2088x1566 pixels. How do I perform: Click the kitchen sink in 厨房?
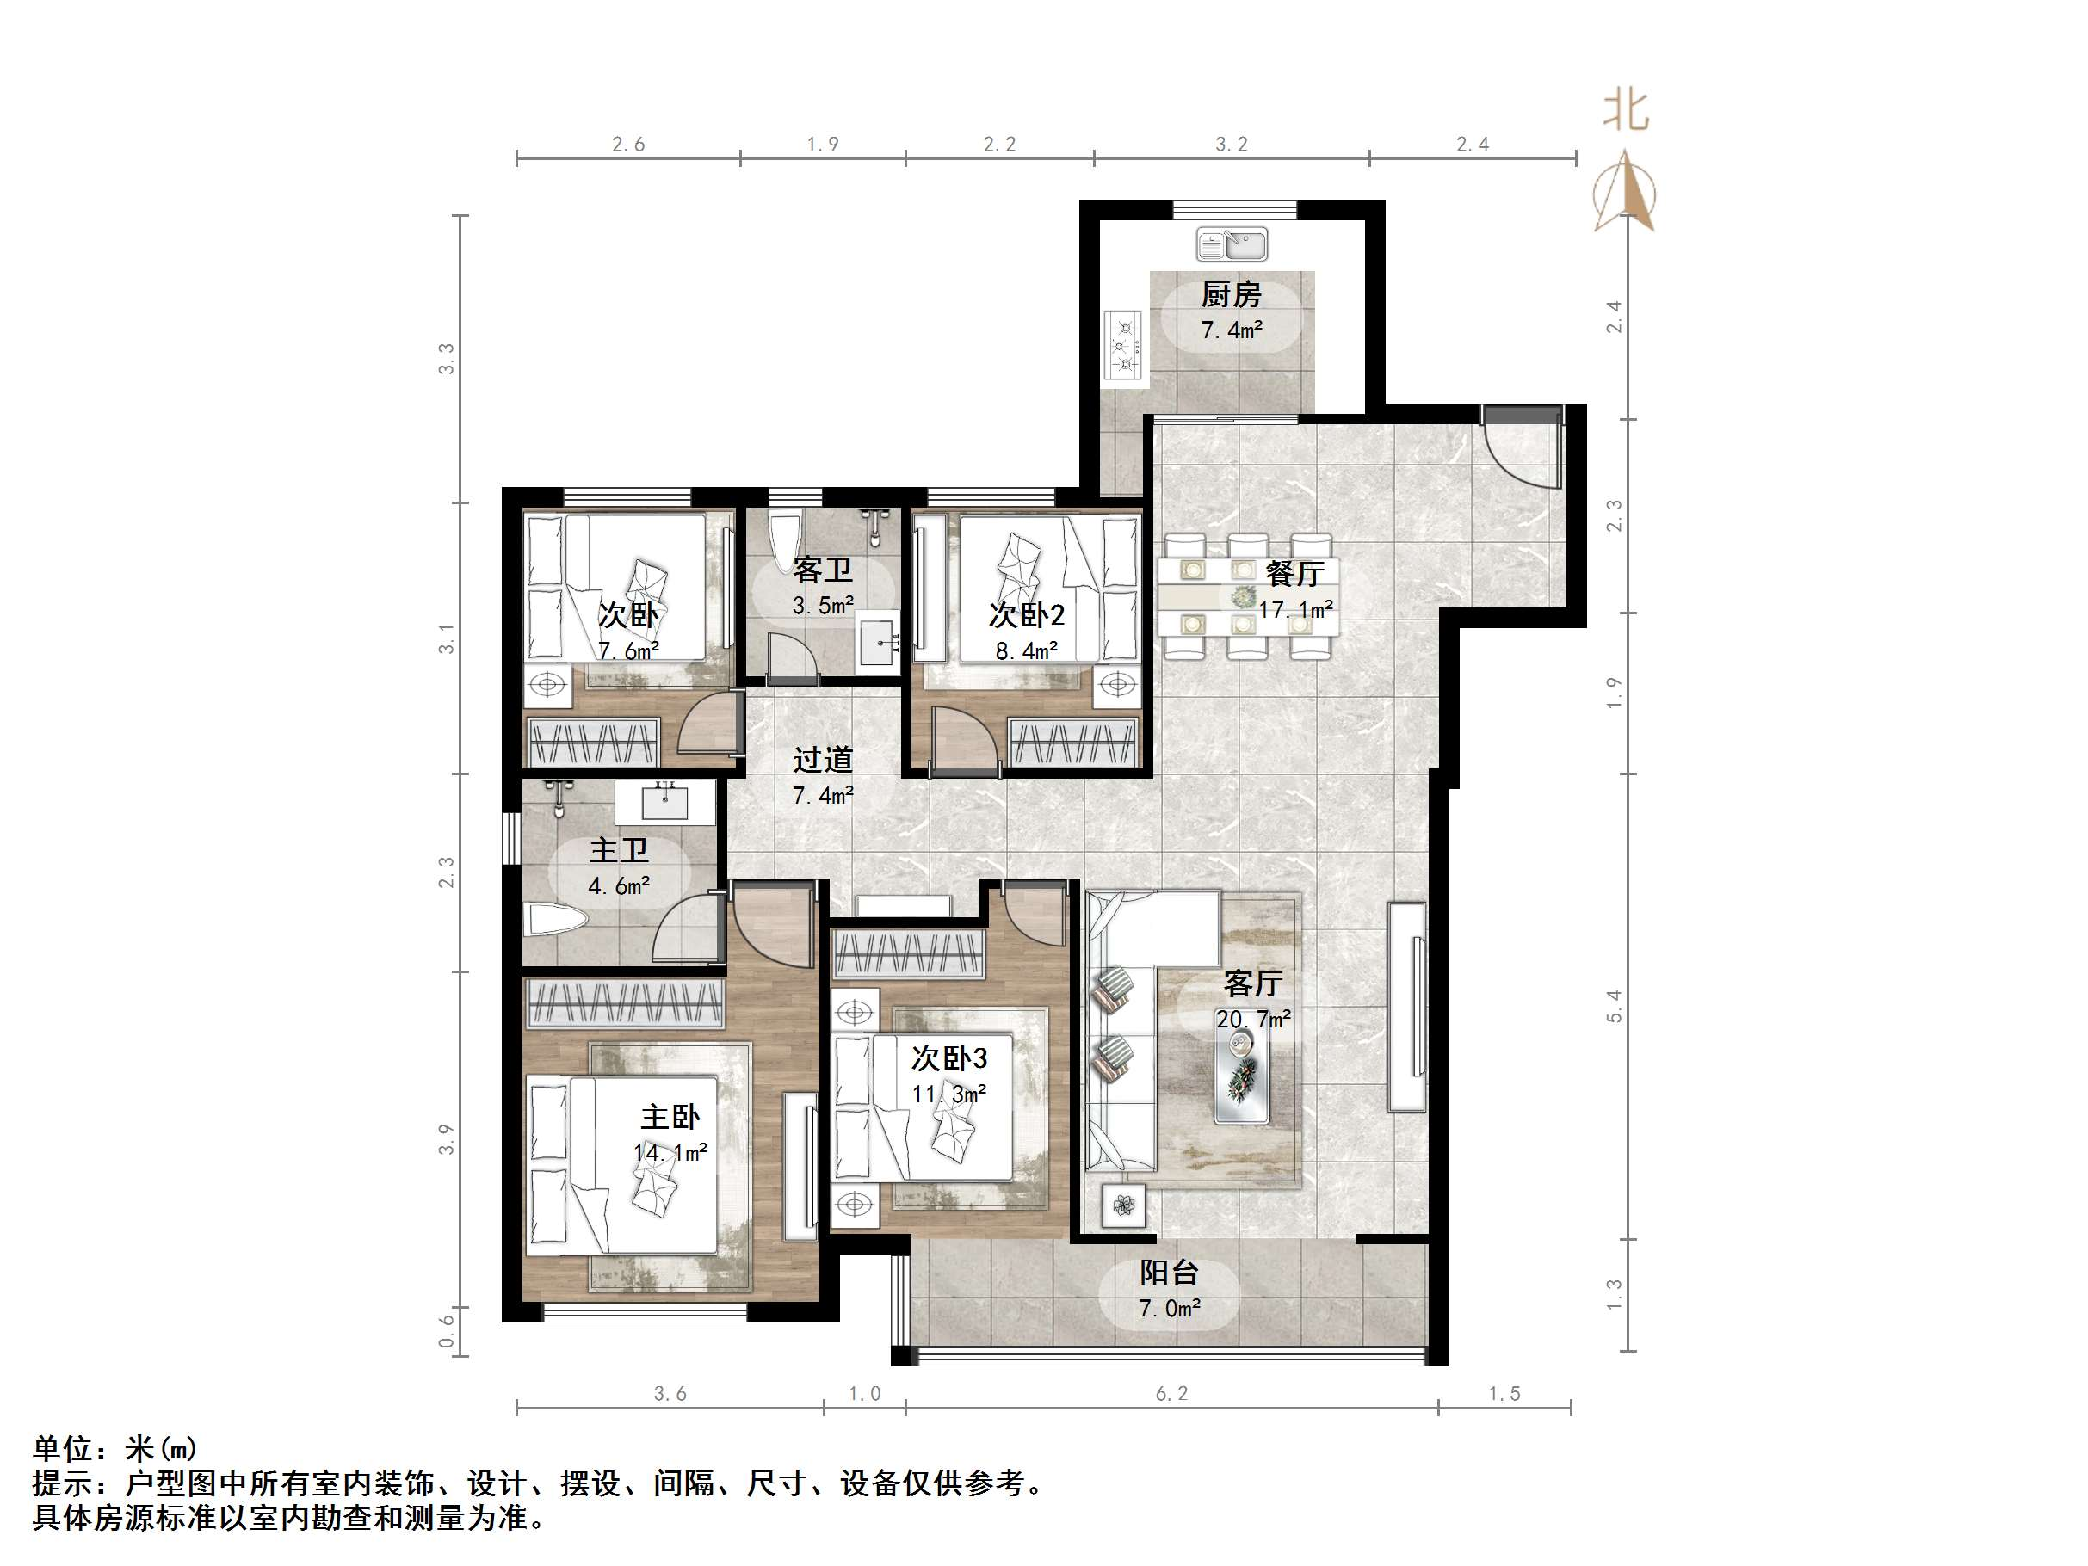click(1231, 244)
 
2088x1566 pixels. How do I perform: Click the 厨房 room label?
click(1231, 295)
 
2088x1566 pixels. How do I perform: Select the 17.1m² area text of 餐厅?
click(1295, 610)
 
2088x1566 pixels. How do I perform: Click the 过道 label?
click(822, 760)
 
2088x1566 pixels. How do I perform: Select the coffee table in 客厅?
click(1241, 1076)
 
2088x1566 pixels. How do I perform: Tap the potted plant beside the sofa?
click(1123, 1205)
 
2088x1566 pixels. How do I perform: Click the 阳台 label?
click(1169, 1273)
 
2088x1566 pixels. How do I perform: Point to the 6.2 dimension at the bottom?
click(1171, 1394)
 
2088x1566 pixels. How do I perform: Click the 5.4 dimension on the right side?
click(1613, 1006)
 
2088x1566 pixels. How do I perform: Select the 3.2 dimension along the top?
click(1231, 145)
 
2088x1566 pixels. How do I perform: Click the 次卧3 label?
click(948, 1058)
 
